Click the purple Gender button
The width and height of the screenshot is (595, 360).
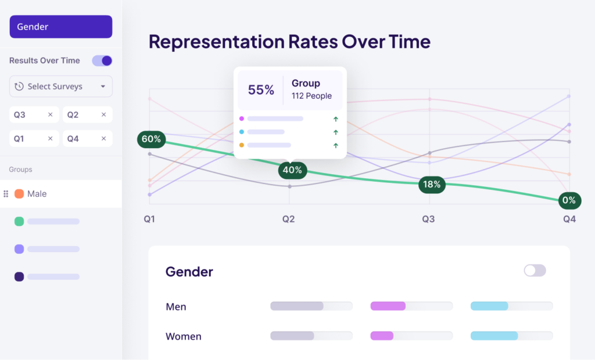(60, 27)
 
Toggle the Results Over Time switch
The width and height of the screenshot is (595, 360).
(102, 60)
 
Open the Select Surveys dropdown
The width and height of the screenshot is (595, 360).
(60, 87)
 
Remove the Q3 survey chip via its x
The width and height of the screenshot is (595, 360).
(50, 115)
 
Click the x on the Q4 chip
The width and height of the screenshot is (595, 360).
(103, 139)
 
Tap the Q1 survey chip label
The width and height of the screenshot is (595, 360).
(20, 139)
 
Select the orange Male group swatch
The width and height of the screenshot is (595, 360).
(19, 194)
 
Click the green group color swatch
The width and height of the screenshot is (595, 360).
(19, 221)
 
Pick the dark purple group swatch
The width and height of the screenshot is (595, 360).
(19, 277)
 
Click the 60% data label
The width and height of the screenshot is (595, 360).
(151, 139)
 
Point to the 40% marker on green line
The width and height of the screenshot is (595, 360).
(292, 170)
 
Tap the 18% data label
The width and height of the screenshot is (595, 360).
(432, 185)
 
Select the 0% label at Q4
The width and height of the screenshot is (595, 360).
(568, 201)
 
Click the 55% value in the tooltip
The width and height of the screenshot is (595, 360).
(261, 90)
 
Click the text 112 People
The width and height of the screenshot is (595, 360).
(311, 96)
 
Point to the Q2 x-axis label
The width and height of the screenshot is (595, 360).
(289, 219)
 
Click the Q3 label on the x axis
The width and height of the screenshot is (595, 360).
(428, 219)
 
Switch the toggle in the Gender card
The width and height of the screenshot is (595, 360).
(535, 271)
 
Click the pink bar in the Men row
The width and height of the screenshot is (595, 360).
(388, 306)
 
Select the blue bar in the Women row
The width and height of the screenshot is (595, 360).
(494, 336)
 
